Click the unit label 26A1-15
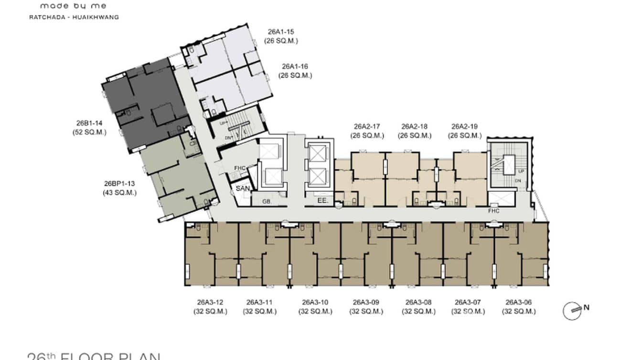tap(281, 32)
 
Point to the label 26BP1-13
tap(119, 184)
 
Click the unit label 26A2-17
tap(367, 127)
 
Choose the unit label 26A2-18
tap(414, 127)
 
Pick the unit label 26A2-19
tap(464, 127)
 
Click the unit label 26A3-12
tap(210, 302)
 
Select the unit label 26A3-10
tap(315, 302)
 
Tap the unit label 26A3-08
tap(418, 302)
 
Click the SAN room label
tap(243, 189)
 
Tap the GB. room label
tap(267, 202)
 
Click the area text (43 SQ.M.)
tap(119, 193)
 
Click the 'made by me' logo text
tap(73, 6)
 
